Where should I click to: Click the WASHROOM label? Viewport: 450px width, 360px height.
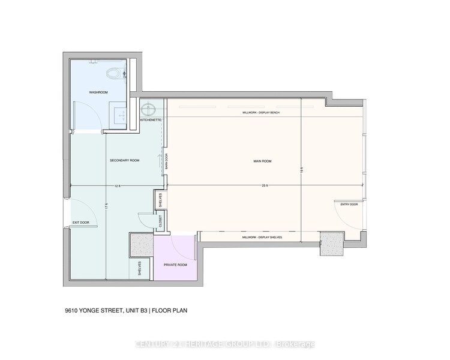coord(98,93)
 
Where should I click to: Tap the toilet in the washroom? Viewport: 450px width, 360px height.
coord(113,74)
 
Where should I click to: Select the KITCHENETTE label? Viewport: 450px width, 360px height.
coord(150,120)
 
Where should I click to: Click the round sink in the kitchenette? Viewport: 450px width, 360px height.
coord(148,109)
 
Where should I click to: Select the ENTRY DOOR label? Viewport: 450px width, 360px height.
coord(349,204)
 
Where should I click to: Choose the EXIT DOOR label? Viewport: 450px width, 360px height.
coord(80,223)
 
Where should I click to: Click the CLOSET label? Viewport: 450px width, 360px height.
coord(161,220)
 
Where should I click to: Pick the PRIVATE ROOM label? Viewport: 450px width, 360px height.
coord(175,264)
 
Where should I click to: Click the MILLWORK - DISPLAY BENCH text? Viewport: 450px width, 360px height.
coord(261,113)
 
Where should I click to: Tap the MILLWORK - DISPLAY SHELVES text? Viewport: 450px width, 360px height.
coord(262,238)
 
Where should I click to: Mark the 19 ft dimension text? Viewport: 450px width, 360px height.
coord(302,170)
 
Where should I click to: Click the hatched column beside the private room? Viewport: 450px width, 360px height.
coord(141,245)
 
